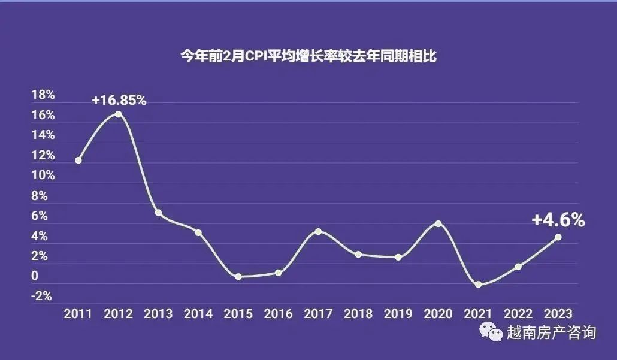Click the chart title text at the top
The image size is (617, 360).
coord(308,58)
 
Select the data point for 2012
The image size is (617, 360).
coord(119,114)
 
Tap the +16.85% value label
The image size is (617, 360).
coord(119,100)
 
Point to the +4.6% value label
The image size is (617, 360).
coord(558,220)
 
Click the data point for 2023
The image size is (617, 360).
coord(558,237)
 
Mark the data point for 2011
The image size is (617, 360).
coord(78,160)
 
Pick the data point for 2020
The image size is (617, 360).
coord(438,223)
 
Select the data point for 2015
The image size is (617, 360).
coord(238,277)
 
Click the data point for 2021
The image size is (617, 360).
coord(478,285)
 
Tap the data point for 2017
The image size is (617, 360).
coord(318,231)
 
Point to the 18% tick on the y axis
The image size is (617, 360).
coord(43,95)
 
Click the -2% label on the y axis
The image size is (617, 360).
coord(42,296)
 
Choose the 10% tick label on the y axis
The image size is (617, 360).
coord(43,176)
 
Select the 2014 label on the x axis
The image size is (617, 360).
coord(198,313)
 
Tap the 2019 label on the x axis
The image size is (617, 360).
coord(398,313)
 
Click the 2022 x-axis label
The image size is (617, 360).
coord(518,313)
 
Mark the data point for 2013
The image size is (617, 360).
coord(158,213)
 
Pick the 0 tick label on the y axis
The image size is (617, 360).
coord(35,276)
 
